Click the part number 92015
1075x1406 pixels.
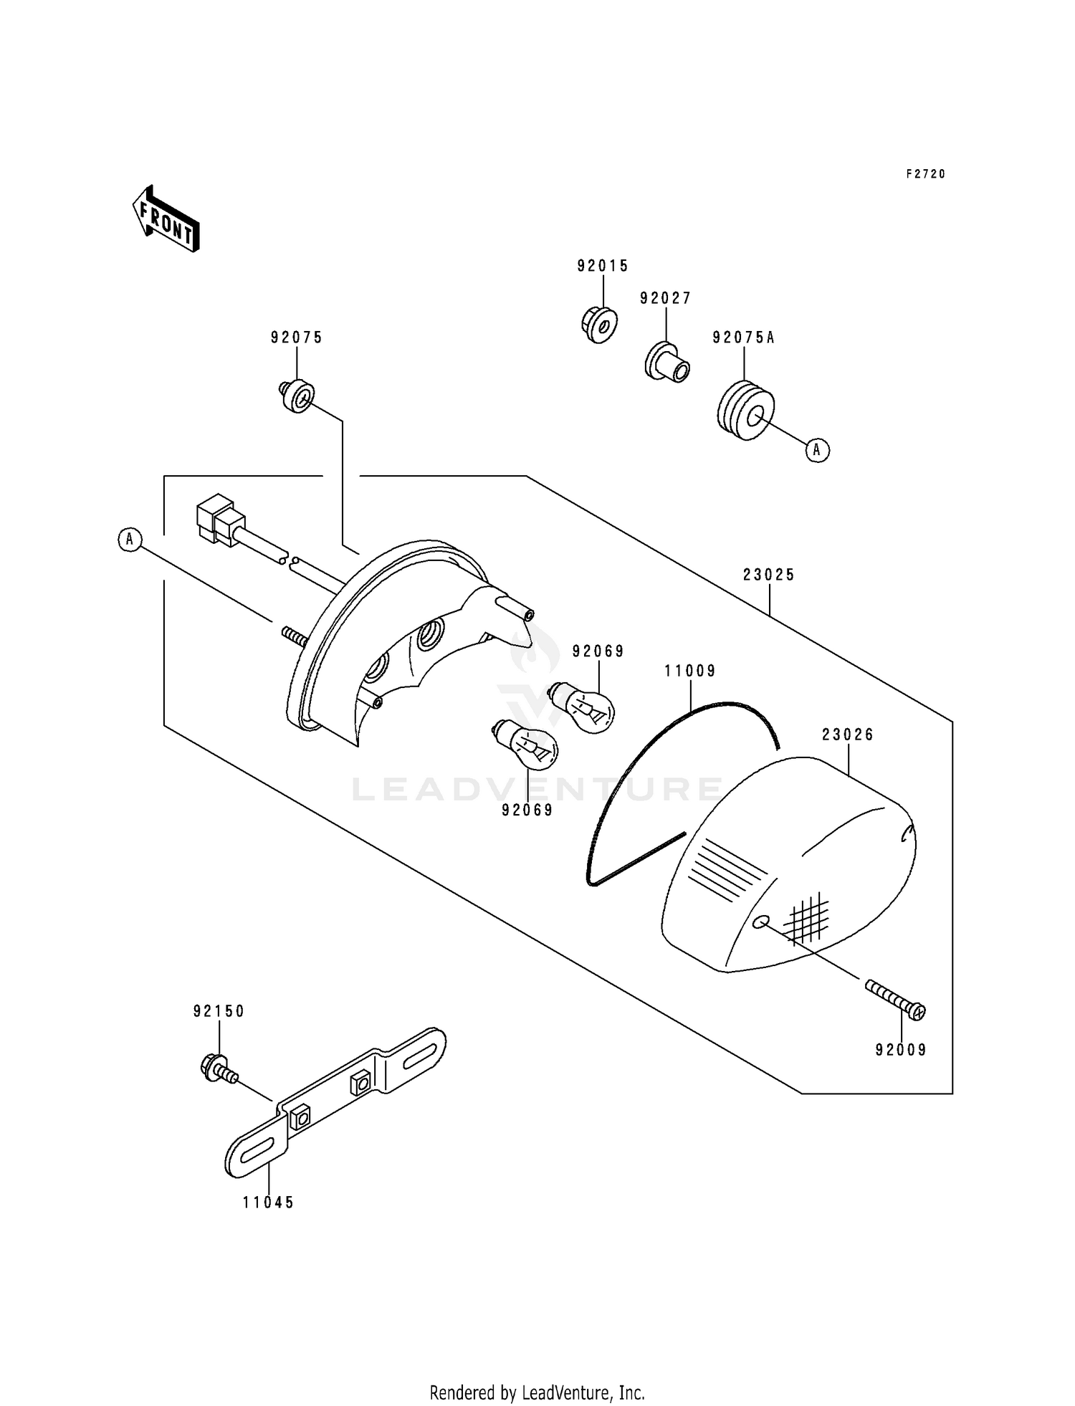click(x=603, y=267)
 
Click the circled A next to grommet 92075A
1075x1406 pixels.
click(x=817, y=450)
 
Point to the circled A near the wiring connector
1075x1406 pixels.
click(x=130, y=539)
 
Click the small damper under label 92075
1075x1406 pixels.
click(x=297, y=396)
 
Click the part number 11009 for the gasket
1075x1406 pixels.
click(x=690, y=671)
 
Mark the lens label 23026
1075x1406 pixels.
click(x=849, y=735)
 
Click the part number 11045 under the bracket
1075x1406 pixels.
click(x=269, y=1203)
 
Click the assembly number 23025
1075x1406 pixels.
click(x=770, y=575)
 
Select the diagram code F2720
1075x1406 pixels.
click(x=926, y=174)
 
